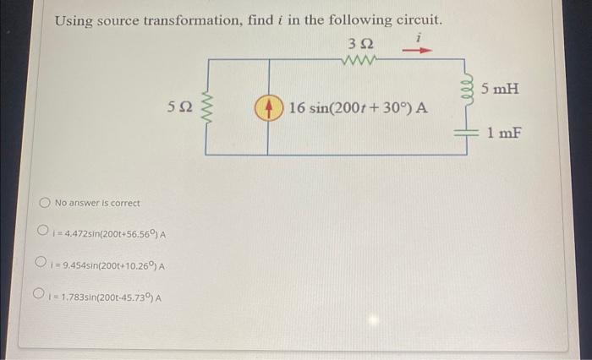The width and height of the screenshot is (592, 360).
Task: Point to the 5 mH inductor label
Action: pos(500,89)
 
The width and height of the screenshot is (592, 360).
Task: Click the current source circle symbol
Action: pos(270,108)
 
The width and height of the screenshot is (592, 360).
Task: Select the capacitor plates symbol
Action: pos(463,132)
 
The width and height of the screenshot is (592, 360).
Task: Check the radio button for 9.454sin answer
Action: pos(41,265)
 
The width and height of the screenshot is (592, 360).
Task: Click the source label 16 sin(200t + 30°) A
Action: pos(358,109)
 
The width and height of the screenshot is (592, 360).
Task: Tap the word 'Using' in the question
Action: pos(74,19)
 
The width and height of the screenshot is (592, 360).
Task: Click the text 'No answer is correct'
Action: pos(97,204)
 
